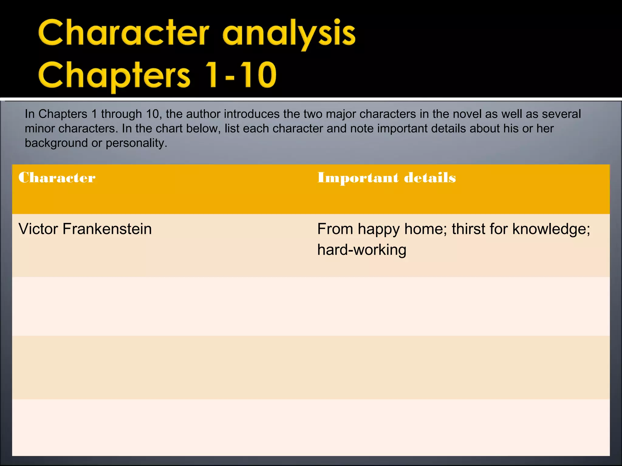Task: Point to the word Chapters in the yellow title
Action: (114, 75)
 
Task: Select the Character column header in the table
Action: (57, 177)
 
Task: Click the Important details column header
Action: (386, 177)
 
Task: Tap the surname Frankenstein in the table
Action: (107, 229)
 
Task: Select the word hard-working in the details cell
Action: (361, 250)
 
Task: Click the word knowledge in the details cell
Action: (551, 229)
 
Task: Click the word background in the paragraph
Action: (56, 143)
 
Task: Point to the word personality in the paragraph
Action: (136, 143)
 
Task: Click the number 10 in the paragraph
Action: (153, 114)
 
